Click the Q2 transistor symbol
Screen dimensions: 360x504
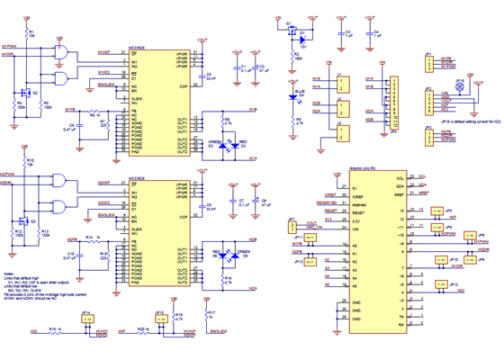(x=27, y=91)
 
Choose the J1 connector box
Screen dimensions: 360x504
(x=344, y=85)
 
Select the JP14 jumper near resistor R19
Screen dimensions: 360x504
(x=86, y=319)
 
